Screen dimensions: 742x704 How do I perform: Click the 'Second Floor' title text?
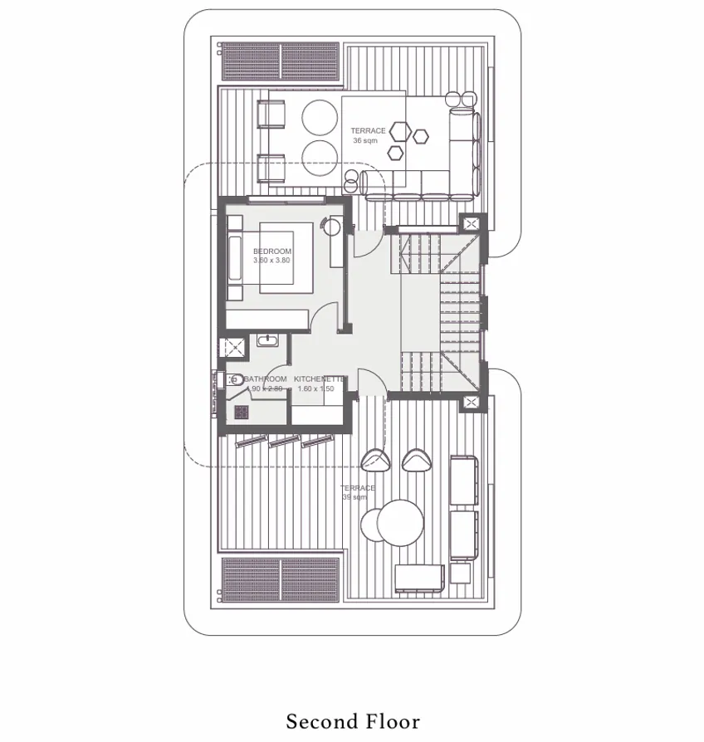coord(353,721)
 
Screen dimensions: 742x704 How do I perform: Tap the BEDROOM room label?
coord(272,251)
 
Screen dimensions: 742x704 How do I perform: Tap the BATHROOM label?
coord(266,379)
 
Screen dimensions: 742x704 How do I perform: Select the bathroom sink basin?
coord(266,340)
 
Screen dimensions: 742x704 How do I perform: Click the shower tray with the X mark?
coord(232,347)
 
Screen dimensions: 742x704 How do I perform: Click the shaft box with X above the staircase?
coord(472,224)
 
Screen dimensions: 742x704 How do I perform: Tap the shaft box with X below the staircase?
coord(472,403)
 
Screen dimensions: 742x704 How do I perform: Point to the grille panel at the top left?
coord(281,61)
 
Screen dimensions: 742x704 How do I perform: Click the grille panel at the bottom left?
coord(281,578)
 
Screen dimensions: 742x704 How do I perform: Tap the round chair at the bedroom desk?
coord(334,225)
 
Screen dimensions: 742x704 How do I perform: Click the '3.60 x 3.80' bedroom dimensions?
coord(272,261)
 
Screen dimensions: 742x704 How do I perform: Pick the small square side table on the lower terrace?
coord(459,573)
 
